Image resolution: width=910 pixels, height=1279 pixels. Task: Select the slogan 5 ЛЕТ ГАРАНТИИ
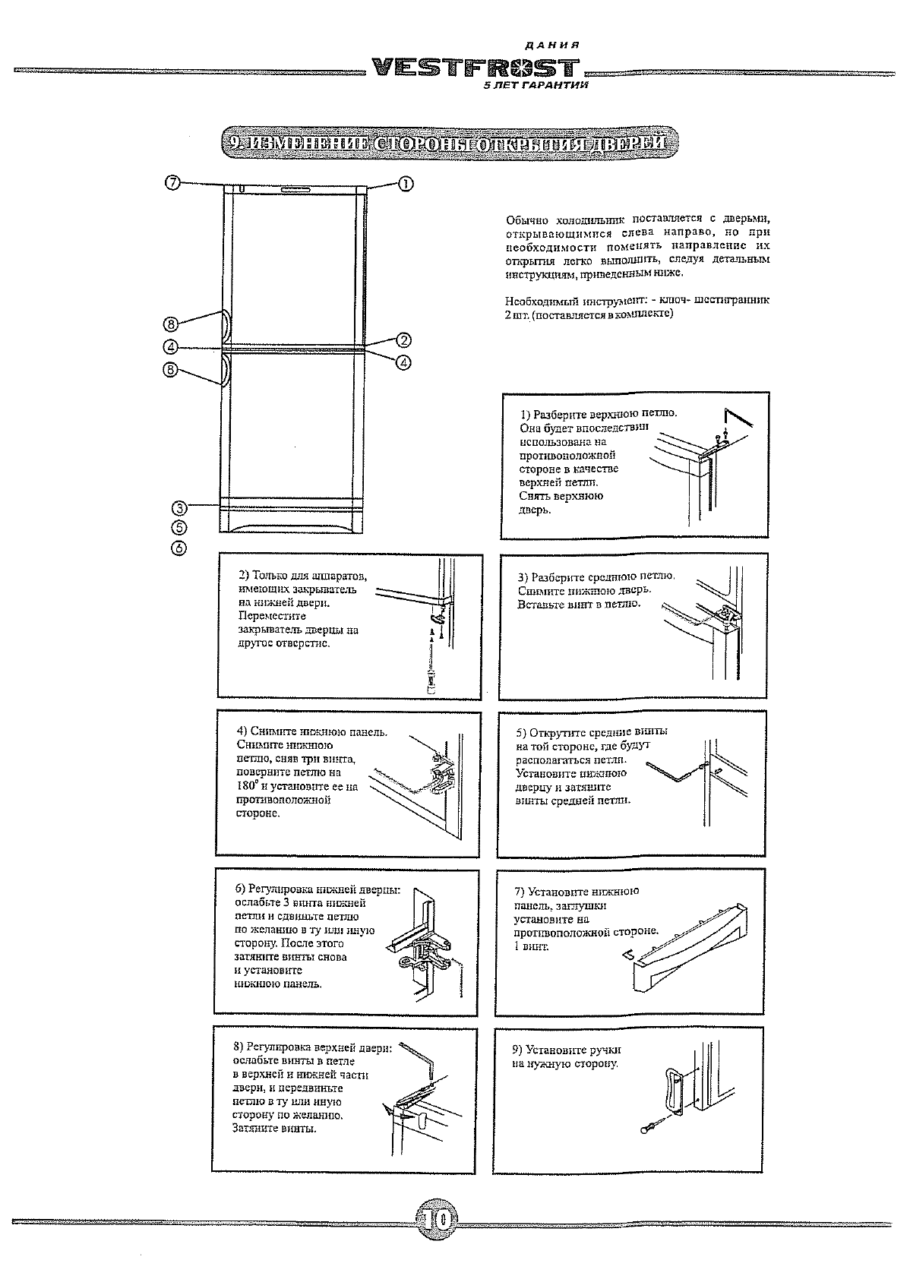(536, 87)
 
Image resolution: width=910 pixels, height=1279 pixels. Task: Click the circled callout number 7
(173, 182)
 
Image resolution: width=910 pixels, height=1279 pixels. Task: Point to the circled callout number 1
(405, 183)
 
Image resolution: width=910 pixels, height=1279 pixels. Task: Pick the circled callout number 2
(403, 340)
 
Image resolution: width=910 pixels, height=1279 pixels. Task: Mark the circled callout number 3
(179, 507)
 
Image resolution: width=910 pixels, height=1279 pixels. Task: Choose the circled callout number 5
(179, 527)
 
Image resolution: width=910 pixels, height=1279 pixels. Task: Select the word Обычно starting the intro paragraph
(527, 219)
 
